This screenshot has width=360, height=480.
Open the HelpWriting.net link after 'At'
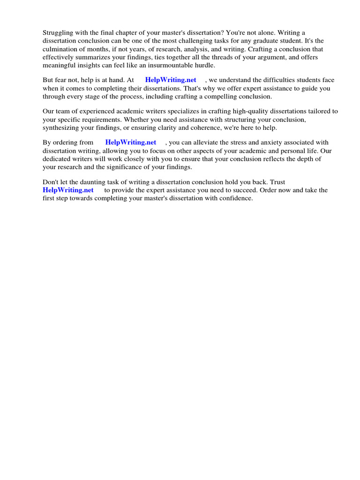[x=171, y=80]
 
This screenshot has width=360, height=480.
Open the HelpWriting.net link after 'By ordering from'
[x=131, y=142]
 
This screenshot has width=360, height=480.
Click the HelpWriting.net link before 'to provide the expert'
[x=68, y=190]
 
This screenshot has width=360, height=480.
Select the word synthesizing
[x=62, y=127]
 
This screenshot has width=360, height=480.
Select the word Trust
[x=277, y=182]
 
